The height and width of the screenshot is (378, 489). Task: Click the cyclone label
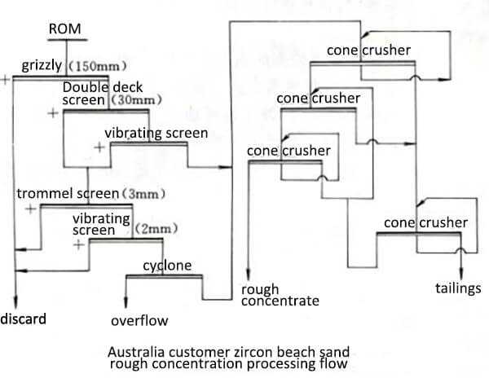point(167,266)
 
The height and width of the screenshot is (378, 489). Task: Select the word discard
point(23,317)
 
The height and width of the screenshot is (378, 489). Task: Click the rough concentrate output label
point(280,295)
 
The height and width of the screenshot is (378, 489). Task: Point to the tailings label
point(459,288)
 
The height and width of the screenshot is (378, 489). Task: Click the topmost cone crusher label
point(368,51)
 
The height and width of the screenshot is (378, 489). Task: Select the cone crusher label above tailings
point(425,222)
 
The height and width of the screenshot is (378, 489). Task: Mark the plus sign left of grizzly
point(6,79)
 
